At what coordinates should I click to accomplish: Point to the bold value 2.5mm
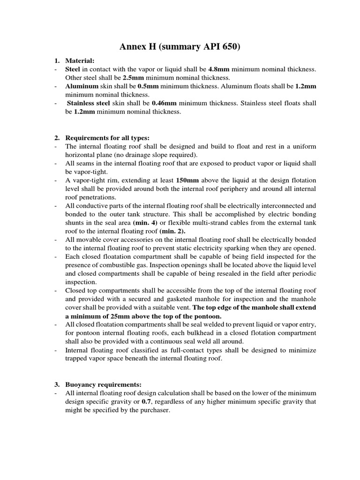[x=133, y=78]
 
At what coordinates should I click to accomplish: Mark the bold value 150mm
[x=186, y=180]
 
